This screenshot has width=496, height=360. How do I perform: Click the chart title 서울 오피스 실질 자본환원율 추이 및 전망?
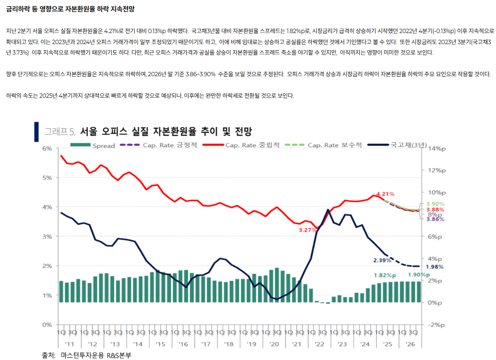point(165,131)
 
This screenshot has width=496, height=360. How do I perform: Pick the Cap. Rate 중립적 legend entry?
point(252,145)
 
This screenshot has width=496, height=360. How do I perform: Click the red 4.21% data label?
point(385,194)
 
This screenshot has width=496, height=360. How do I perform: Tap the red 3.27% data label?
point(307,230)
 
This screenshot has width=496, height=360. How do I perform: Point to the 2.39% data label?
point(382,260)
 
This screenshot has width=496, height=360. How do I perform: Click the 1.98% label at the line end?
point(434,267)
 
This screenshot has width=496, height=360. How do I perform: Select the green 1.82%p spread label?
point(385,276)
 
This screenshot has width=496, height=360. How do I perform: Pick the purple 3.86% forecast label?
point(435,219)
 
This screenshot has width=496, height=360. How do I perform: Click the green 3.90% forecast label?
point(435,204)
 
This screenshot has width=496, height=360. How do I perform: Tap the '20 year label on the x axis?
point(274,344)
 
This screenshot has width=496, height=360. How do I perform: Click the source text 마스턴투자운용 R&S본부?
point(96,355)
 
